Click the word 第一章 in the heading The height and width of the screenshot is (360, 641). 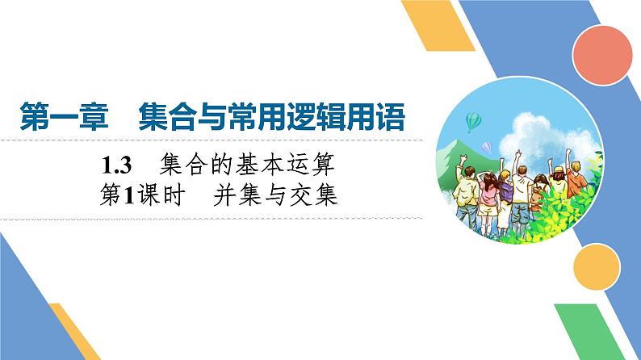pyautogui.click(x=62, y=115)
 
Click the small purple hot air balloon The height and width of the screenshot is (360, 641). pyautogui.click(x=487, y=146)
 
